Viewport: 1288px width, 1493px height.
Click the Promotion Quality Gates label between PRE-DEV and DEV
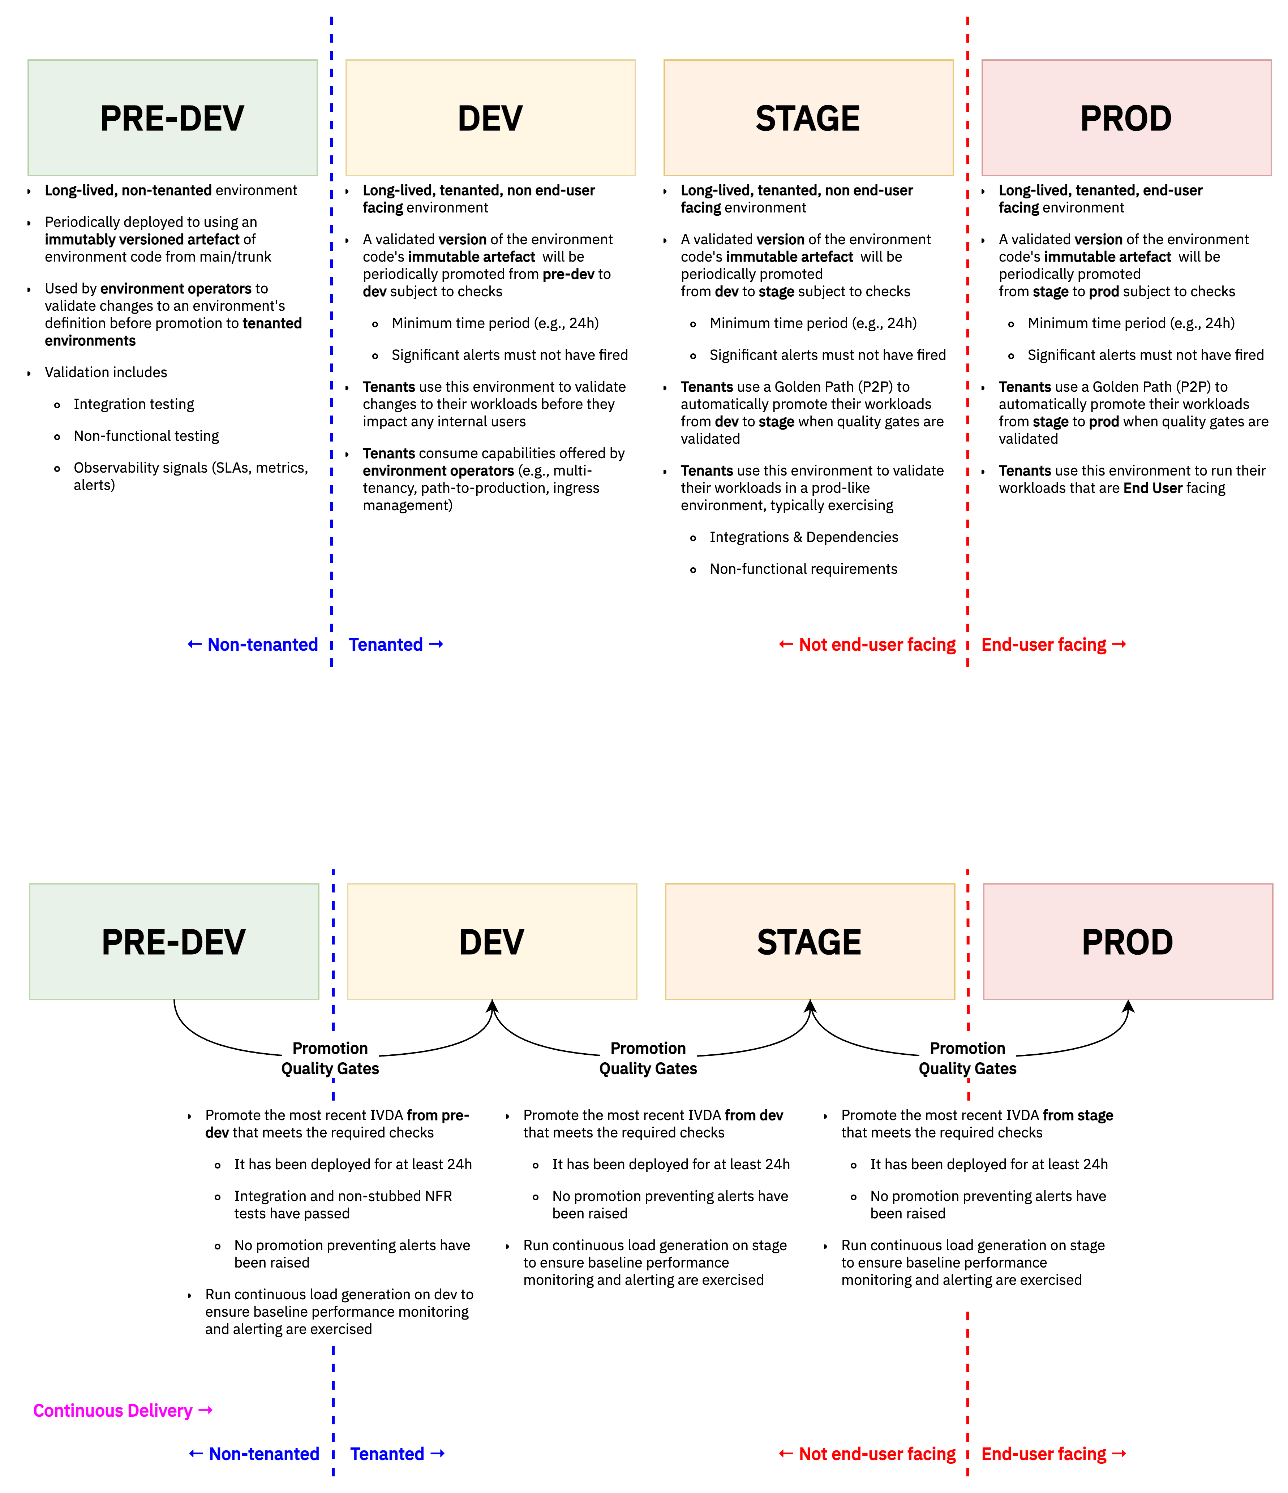(x=330, y=1058)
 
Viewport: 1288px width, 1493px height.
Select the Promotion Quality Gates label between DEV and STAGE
(x=648, y=1058)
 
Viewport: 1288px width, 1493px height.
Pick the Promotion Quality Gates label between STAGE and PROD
(x=967, y=1058)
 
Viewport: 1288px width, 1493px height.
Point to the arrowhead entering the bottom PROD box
(x=1128, y=1006)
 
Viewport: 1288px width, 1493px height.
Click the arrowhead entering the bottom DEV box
(x=492, y=1006)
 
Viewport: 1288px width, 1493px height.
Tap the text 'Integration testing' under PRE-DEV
(x=134, y=404)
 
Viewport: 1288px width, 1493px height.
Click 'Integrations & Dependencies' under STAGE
(x=804, y=537)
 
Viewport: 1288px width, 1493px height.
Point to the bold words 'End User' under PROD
(x=1152, y=488)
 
